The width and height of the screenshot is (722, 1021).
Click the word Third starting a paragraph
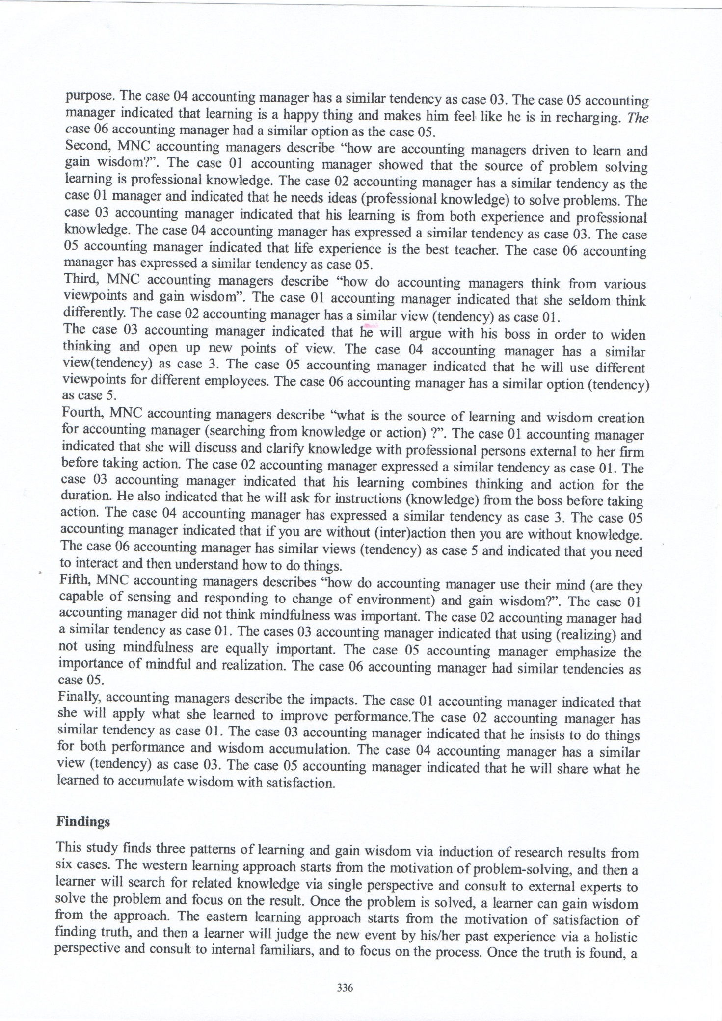[81, 280]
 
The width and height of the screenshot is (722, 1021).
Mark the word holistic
[615, 937]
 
